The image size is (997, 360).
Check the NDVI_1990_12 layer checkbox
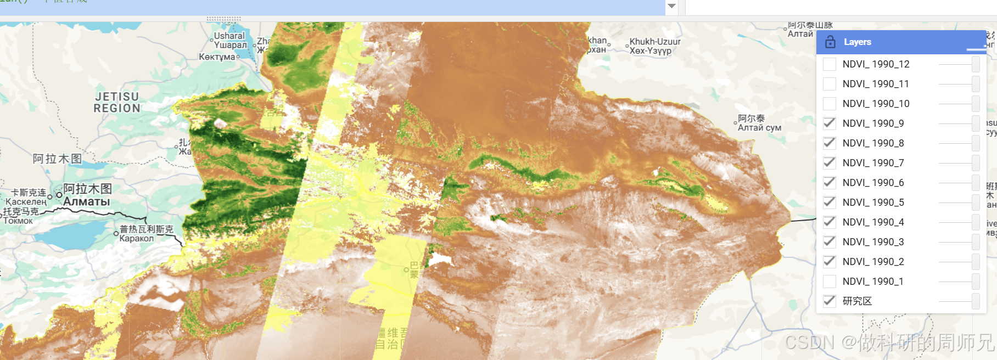tap(830, 64)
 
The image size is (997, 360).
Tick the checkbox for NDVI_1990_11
tap(830, 84)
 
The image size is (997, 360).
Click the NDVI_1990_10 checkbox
tap(830, 104)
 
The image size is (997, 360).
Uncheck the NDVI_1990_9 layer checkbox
tap(830, 123)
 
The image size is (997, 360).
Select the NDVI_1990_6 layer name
tap(873, 183)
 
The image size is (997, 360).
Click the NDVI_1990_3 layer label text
tap(873, 242)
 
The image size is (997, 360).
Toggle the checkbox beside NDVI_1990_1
tap(830, 282)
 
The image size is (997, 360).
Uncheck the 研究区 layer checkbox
tap(830, 301)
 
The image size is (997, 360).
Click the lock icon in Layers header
tap(830, 42)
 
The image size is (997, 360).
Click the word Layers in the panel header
tap(857, 42)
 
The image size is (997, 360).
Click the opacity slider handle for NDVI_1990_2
tap(976, 262)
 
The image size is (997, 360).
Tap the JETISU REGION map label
tap(117, 103)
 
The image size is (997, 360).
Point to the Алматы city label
tap(87, 202)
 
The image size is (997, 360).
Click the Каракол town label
tap(137, 238)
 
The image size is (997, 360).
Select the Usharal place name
tap(229, 36)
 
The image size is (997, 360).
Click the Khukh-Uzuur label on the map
tap(655, 42)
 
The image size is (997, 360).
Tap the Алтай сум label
tap(759, 128)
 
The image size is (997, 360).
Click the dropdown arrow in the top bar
tap(671, 6)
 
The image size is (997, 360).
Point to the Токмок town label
tap(18, 221)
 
